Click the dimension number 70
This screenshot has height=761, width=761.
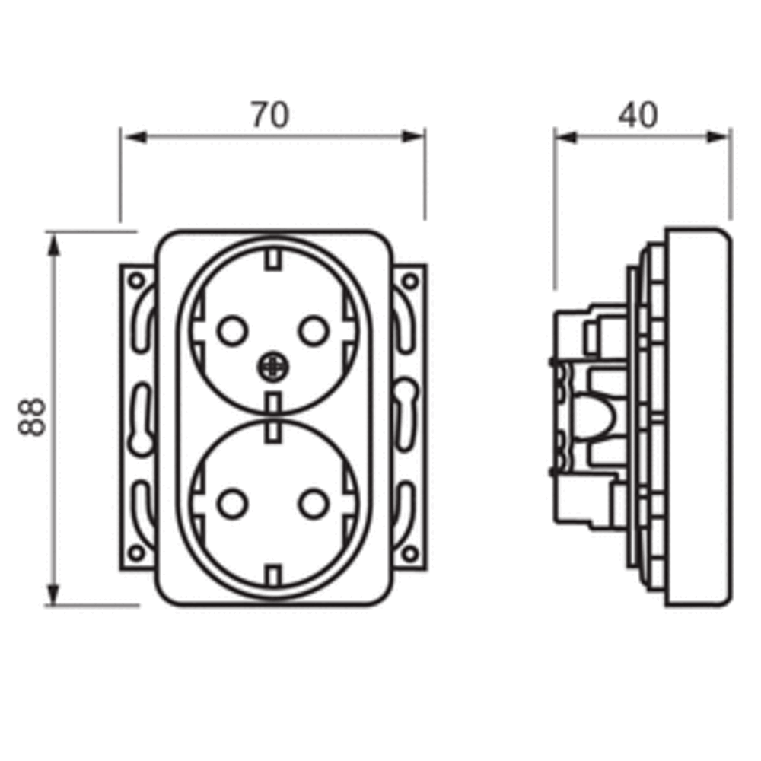click(270, 115)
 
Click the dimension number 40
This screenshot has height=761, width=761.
click(638, 115)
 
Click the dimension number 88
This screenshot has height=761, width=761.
click(31, 416)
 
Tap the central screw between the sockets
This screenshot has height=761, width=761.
click(272, 368)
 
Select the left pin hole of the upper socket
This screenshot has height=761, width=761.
click(232, 331)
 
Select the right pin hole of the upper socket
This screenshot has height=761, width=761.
click(314, 331)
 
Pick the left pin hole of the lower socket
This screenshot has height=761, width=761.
click(232, 504)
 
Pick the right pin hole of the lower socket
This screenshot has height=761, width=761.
click(314, 504)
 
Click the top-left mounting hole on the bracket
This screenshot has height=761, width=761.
click(136, 281)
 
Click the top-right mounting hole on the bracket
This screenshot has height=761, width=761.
click(410, 281)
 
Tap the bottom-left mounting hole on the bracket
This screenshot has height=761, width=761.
click(136, 552)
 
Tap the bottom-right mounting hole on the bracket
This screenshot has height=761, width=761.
click(410, 552)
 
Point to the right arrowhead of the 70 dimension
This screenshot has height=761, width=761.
click(412, 137)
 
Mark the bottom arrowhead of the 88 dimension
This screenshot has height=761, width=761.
click(53, 594)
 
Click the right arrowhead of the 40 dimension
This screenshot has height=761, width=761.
click(718, 137)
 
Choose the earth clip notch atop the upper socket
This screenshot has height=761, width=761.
click(272, 259)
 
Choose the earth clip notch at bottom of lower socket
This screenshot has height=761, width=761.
click(272, 575)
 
